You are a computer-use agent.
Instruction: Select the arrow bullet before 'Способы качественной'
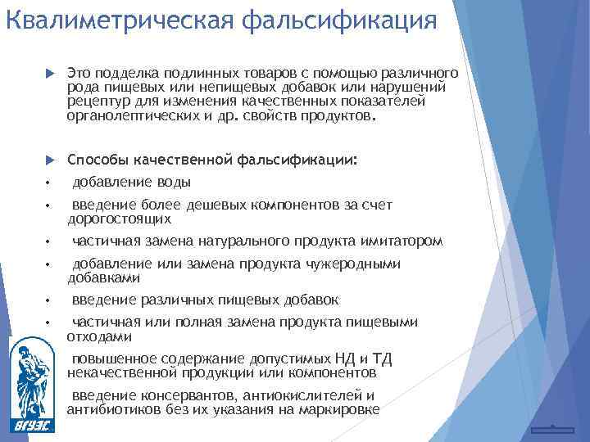pyautogui.click(x=48, y=160)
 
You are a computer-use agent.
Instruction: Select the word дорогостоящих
pyautogui.click(x=119, y=219)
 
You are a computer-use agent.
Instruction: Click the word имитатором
pyautogui.click(x=401, y=241)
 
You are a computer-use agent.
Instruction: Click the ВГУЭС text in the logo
pyautogui.click(x=34, y=425)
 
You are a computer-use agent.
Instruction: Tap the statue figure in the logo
pyautogui.click(x=33, y=377)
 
